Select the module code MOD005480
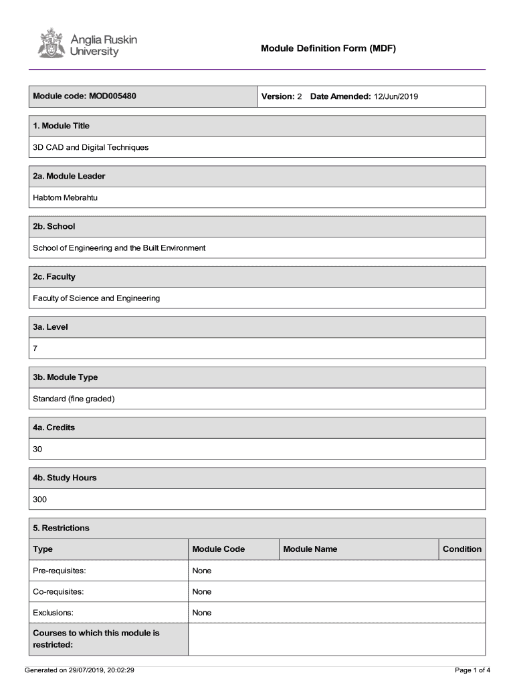112,96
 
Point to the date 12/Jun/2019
396,96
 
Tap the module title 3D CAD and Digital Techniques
91,147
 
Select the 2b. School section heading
54,226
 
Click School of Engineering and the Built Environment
119,248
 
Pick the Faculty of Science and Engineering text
96,298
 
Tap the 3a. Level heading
51,327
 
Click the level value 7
35,349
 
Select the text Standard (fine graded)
74,399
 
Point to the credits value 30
37,449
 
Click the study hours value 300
40,500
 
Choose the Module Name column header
310,549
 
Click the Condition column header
461,549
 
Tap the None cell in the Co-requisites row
202,591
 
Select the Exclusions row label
54,613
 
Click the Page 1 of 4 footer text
472,670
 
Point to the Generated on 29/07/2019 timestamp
80,670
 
